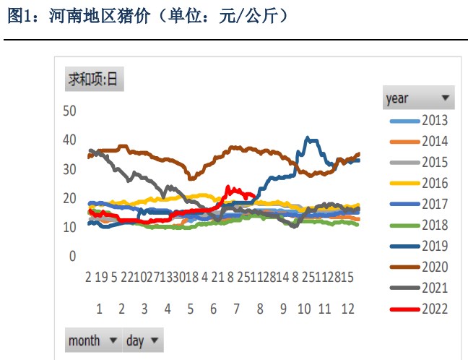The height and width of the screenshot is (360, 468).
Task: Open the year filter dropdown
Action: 418,98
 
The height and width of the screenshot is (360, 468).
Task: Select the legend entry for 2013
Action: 420,120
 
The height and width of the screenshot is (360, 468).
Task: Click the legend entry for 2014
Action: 420,141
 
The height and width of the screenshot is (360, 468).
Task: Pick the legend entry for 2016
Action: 420,184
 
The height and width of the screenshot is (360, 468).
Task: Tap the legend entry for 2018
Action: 420,226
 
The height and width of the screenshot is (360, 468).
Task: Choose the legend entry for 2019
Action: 420,247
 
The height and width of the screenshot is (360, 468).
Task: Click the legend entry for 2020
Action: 420,267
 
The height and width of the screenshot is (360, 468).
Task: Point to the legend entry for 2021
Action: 420,288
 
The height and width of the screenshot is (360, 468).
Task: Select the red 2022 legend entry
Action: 420,309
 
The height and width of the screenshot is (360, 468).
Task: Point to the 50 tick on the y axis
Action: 69,111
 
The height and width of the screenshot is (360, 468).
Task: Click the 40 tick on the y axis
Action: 69,140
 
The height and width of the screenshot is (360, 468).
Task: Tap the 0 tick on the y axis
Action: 72,256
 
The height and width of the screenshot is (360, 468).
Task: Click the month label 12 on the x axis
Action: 347,309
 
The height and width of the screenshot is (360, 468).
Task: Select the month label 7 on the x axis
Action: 235,309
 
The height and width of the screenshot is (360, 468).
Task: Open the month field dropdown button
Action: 92,340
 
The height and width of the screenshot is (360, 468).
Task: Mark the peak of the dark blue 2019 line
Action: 308,137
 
